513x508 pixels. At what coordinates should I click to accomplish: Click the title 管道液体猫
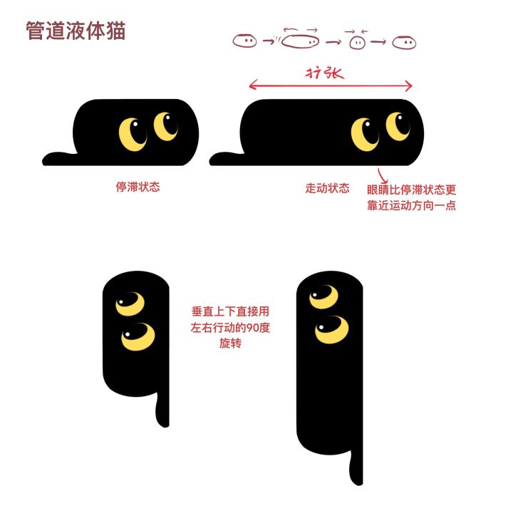pyautogui.click(x=76, y=31)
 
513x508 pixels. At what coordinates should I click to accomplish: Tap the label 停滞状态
pyautogui.click(x=138, y=187)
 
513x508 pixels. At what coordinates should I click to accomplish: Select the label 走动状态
pyautogui.click(x=327, y=188)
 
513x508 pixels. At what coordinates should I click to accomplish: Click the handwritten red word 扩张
pyautogui.click(x=324, y=73)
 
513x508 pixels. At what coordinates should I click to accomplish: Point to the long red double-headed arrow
pyautogui.click(x=331, y=85)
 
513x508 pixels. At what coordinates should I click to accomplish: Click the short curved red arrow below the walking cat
pyautogui.click(x=382, y=176)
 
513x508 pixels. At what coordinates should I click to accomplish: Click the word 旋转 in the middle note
pyautogui.click(x=230, y=343)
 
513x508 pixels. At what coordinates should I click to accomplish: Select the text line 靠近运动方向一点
pyautogui.click(x=411, y=205)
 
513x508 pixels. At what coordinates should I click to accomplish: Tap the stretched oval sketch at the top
pyautogui.click(x=300, y=41)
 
